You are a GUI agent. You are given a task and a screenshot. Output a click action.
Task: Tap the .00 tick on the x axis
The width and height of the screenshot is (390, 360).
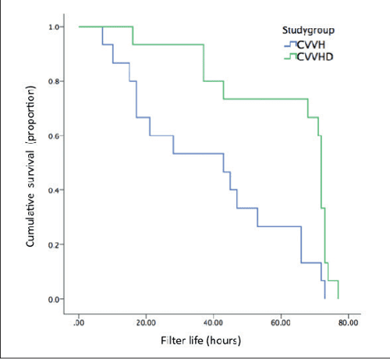tap(80, 322)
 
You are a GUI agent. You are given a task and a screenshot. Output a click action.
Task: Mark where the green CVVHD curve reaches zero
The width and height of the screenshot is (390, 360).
tap(338, 298)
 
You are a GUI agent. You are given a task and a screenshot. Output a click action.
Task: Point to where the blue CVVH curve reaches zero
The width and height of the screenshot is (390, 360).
tap(324, 298)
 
